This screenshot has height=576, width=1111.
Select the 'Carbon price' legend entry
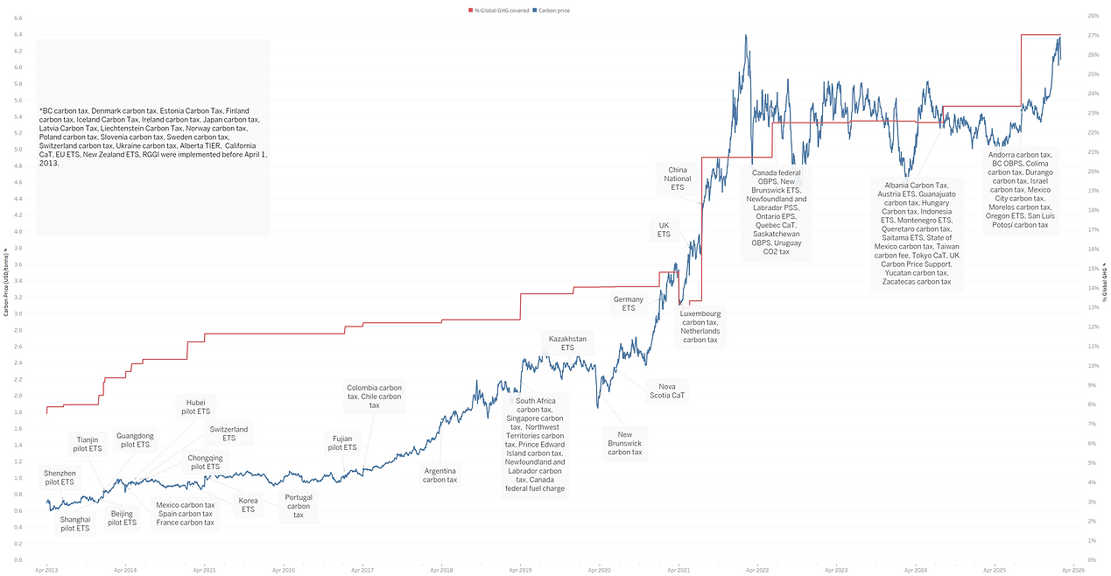pyautogui.click(x=553, y=11)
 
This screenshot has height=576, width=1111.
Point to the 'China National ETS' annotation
pyautogui.click(x=677, y=179)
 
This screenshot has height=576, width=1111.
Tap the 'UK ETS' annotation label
pyautogui.click(x=664, y=229)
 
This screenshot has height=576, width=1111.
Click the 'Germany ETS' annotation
pyautogui.click(x=628, y=304)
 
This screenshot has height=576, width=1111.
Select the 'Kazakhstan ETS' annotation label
pyautogui.click(x=567, y=342)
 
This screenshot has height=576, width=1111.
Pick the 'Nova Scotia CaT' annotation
pyautogui.click(x=666, y=390)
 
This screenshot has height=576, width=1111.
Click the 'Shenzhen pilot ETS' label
pyautogui.click(x=60, y=477)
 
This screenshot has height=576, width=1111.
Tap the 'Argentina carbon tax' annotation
pyautogui.click(x=439, y=474)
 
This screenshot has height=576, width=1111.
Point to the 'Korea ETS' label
pyautogui.click(x=248, y=505)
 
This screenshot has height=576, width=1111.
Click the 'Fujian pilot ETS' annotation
pyautogui.click(x=341, y=442)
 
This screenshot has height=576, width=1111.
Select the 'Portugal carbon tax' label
pyautogui.click(x=299, y=506)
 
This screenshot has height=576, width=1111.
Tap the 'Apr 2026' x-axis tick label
pyautogui.click(x=1073, y=570)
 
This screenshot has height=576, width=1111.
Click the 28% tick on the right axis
pyautogui.click(x=1093, y=17)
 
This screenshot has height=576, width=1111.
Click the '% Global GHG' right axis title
pyautogui.click(x=1105, y=281)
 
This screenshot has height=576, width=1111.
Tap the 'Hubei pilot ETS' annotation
pyautogui.click(x=195, y=406)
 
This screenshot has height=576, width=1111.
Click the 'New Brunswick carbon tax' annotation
pyautogui.click(x=624, y=443)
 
